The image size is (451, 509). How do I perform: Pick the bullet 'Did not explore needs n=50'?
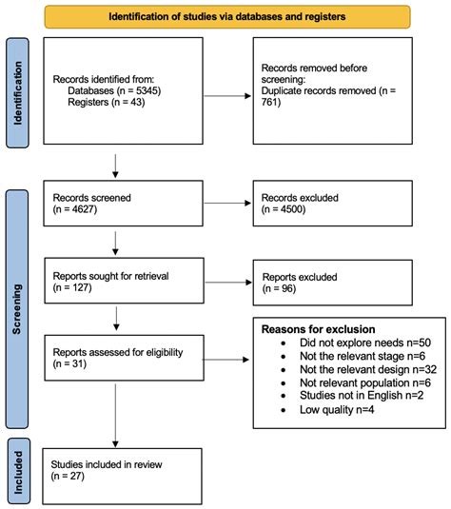(351, 341)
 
